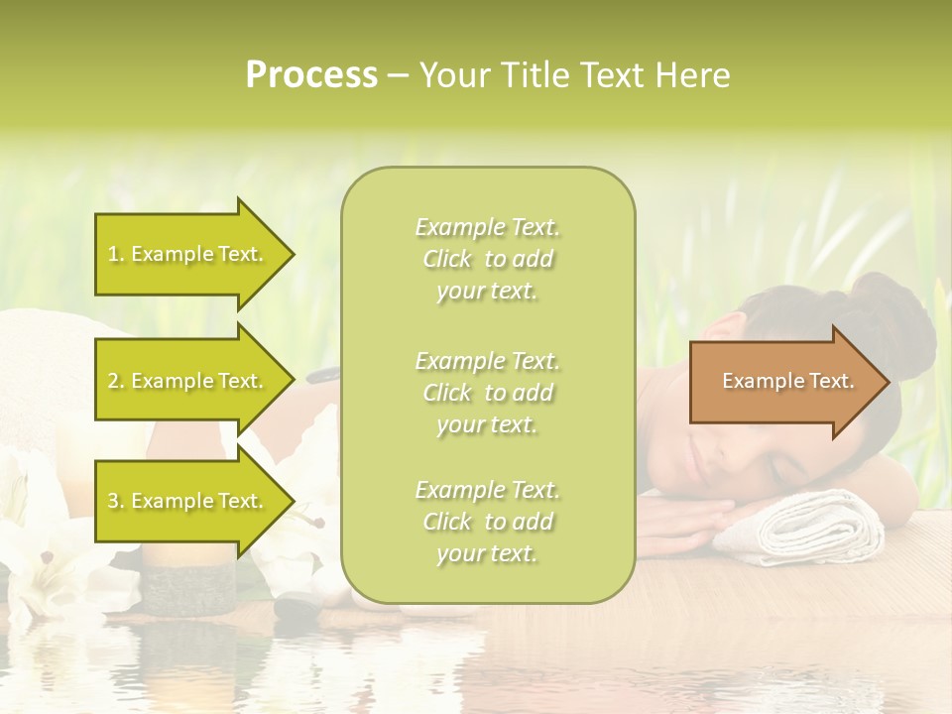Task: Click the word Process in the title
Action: (x=311, y=74)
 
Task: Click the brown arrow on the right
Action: (x=783, y=381)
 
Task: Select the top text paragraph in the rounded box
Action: (x=487, y=259)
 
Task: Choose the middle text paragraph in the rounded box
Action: (x=487, y=393)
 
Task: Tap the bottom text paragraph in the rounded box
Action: (x=487, y=522)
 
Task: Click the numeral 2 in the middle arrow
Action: (x=113, y=381)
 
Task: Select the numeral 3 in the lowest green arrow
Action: (x=113, y=501)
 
